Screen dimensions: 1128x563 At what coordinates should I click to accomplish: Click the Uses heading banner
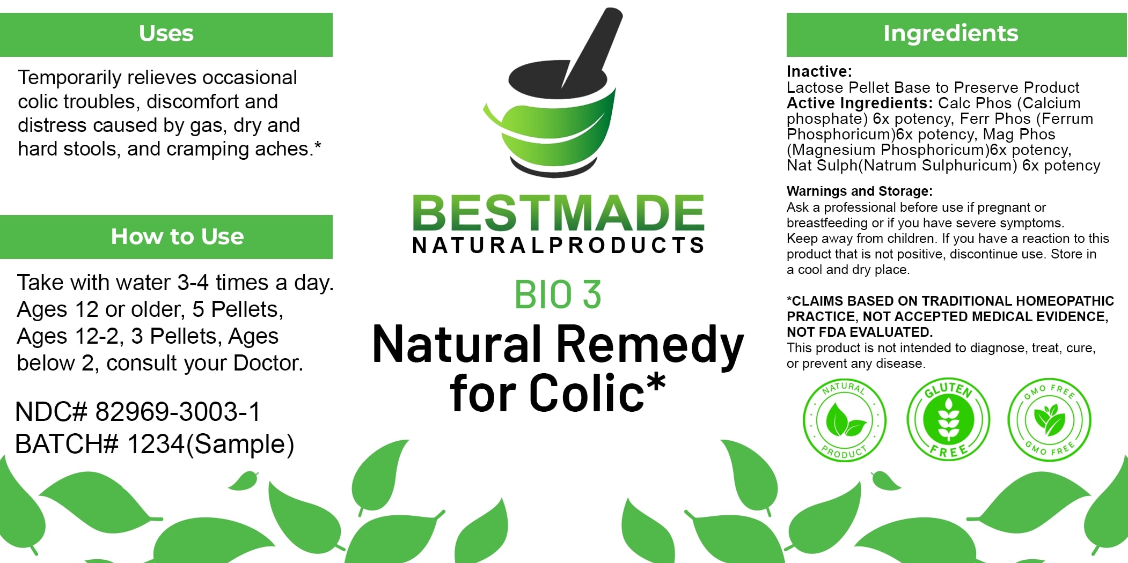click(166, 34)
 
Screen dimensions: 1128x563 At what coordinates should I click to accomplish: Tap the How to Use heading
click(177, 236)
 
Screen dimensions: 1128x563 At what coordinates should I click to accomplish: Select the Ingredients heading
click(951, 33)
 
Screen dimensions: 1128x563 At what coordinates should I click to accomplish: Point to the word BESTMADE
click(558, 213)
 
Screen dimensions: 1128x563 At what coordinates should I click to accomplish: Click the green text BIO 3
click(558, 295)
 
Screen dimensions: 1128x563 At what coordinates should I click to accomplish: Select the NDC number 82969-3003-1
click(178, 412)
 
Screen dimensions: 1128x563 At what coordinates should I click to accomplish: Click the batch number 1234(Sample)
click(210, 445)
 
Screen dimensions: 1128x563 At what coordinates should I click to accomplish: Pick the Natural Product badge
click(845, 420)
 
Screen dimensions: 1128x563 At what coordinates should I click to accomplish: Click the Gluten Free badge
click(948, 419)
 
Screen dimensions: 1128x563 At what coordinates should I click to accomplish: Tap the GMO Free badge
click(1050, 419)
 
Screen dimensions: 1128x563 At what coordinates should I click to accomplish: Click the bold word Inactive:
click(819, 71)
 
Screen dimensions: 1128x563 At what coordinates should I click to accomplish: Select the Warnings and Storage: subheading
click(860, 191)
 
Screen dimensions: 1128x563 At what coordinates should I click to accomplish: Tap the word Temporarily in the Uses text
click(69, 78)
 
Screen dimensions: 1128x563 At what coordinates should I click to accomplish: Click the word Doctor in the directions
click(268, 363)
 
